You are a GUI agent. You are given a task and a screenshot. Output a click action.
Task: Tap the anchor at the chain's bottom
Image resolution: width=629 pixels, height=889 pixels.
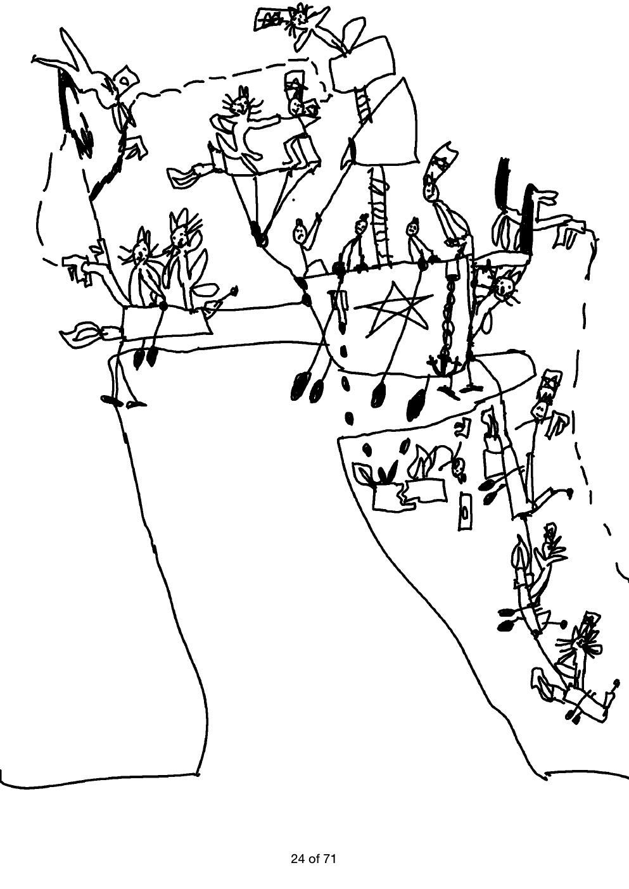[x=438, y=364]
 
